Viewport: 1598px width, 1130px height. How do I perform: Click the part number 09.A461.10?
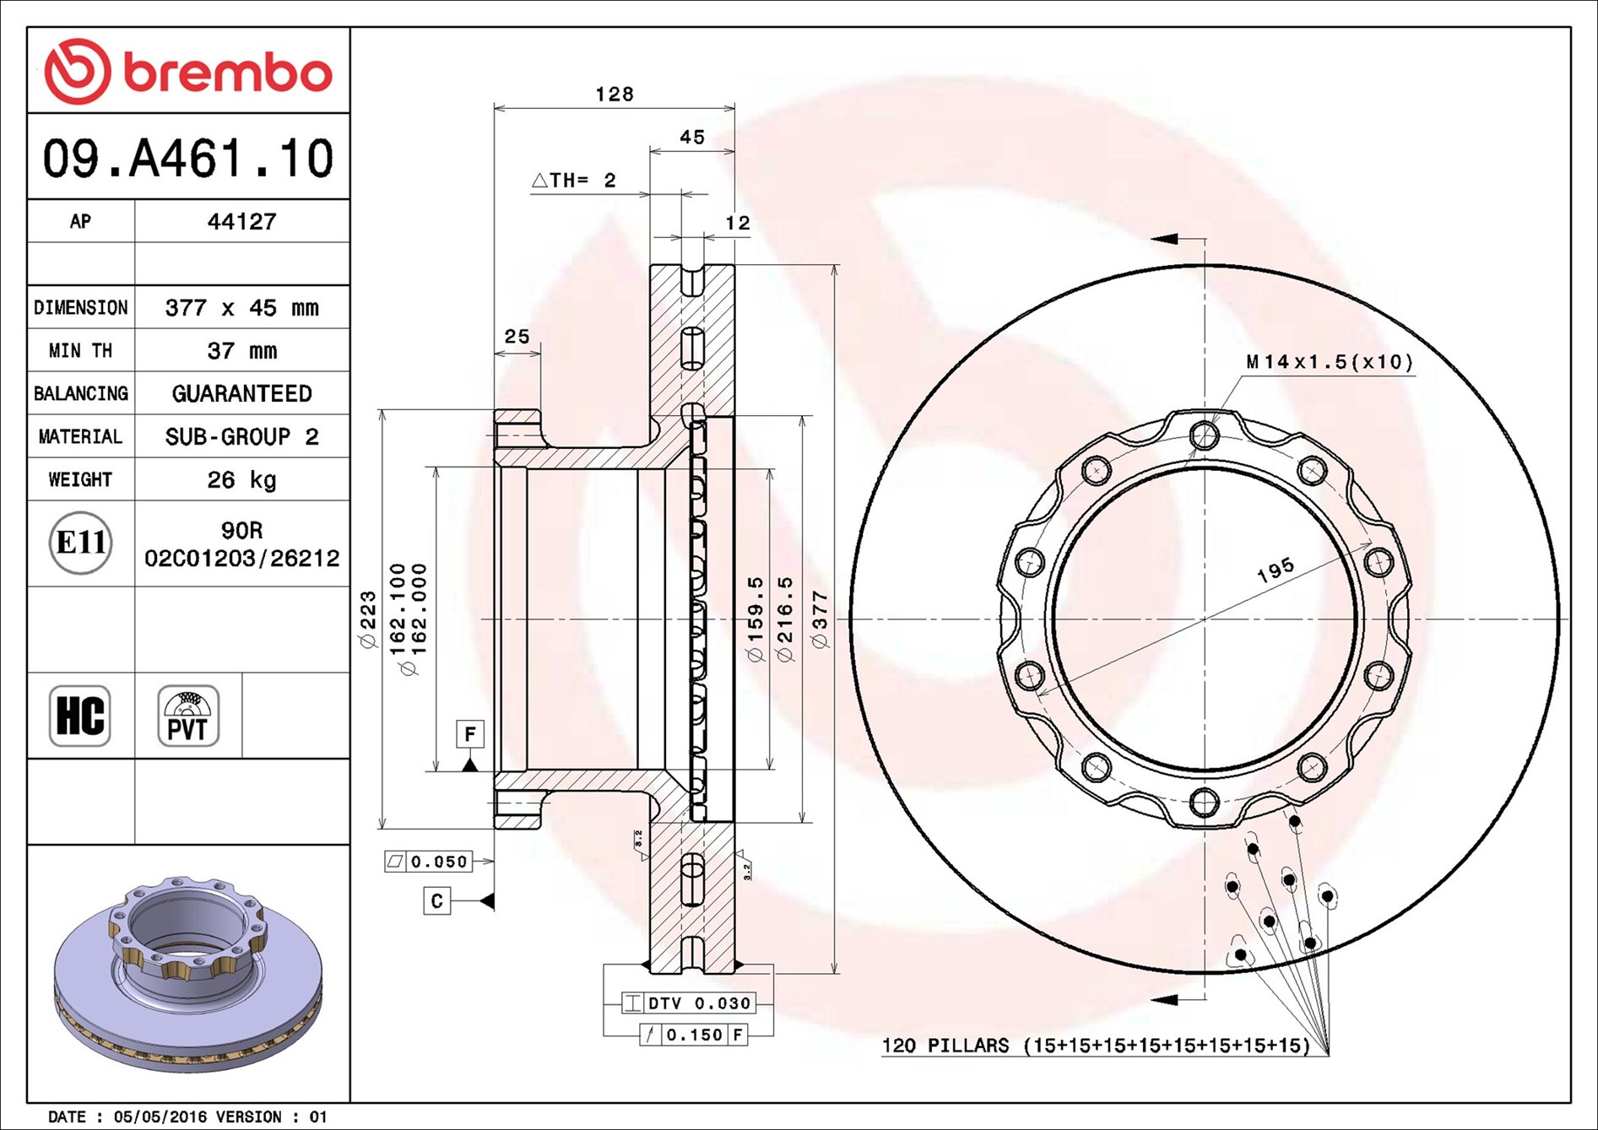188,159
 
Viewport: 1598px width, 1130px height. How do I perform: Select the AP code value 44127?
241,221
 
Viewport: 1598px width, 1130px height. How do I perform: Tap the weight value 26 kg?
241,479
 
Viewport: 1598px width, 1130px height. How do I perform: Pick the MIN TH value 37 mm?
241,350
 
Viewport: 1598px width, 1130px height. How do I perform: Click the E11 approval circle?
80,543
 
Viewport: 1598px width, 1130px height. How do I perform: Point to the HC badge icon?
80,716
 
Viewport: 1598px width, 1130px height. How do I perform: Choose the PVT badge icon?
188,716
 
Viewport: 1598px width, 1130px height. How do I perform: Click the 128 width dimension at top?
615,94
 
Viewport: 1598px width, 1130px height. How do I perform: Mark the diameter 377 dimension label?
820,619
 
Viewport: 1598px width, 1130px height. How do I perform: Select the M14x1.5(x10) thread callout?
1330,362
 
